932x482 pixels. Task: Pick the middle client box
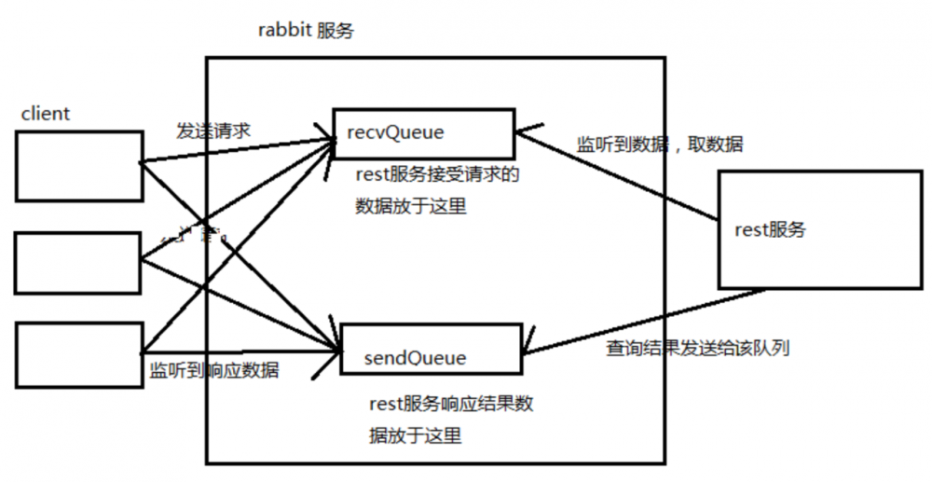click(x=79, y=263)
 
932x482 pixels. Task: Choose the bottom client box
click(x=79, y=354)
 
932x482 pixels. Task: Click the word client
click(x=46, y=114)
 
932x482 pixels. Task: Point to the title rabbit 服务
click(x=306, y=30)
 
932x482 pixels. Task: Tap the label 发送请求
click(x=212, y=131)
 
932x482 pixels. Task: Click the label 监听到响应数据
click(x=214, y=370)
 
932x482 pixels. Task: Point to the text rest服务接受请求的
click(x=436, y=174)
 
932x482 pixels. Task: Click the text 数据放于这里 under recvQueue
click(x=410, y=206)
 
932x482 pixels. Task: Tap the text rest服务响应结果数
click(x=451, y=404)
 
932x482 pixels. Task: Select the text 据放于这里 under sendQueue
click(x=416, y=435)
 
